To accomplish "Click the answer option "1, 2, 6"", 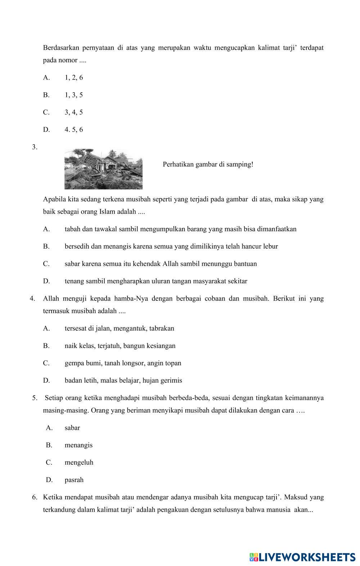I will click(74, 77).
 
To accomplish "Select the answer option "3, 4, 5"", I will click(74, 112).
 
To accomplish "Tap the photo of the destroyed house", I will click(103, 169).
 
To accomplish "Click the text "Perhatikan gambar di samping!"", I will click(208, 164).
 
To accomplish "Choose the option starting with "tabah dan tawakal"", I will click(180, 229).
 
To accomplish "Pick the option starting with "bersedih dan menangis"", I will click(171, 246).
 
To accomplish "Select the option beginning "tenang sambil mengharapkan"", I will click(156, 281).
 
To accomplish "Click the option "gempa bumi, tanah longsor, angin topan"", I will click(123, 363).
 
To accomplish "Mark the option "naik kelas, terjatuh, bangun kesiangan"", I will click(120, 346).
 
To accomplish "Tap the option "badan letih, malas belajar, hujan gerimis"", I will click(123, 380).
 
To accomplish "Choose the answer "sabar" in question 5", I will click(72, 428).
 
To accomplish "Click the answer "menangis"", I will click(78, 445).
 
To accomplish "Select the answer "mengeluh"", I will click(79, 462).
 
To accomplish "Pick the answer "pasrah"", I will click(74, 480).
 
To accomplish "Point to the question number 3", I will click(35, 147).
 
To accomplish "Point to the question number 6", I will click(35, 497).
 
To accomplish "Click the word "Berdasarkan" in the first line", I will click(60, 48).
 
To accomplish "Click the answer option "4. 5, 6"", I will click(74, 129).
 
